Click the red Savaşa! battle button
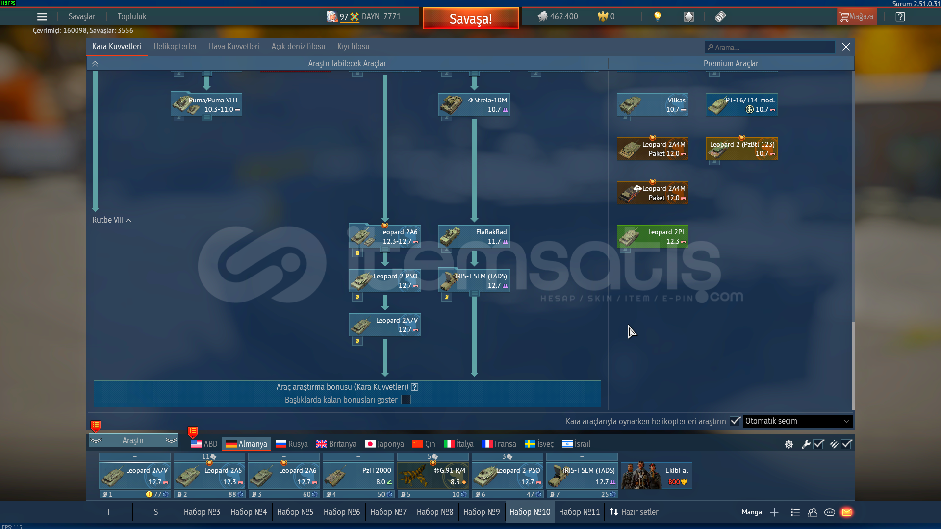point(470,19)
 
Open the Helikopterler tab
point(175,47)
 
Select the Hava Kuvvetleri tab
point(234,47)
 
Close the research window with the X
point(846,47)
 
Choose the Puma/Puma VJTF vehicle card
point(206,104)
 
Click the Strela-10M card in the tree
point(474,104)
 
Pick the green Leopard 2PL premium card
point(653,236)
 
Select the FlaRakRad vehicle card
point(474,236)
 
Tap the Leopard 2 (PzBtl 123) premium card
point(742,149)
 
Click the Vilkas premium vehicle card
point(653,104)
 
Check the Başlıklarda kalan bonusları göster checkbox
point(406,400)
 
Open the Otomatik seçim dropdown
point(797,421)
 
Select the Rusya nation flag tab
point(292,444)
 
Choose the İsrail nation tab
point(576,444)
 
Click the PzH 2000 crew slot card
point(358,475)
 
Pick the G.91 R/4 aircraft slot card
point(433,475)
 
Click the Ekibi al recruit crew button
point(657,476)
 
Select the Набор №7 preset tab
point(388,512)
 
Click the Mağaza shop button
point(857,17)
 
